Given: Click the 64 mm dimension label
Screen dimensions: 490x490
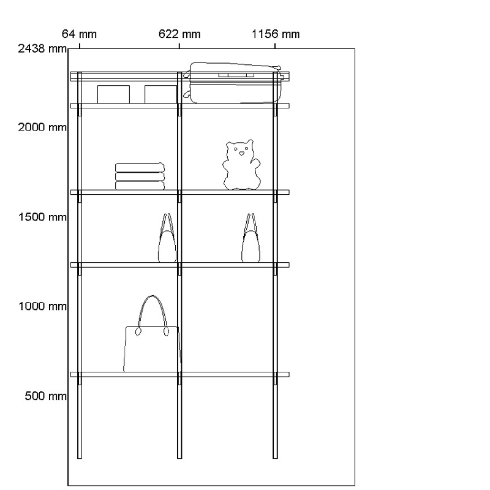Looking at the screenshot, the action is click(x=79, y=34).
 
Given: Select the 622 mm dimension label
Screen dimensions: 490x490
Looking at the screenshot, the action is click(x=179, y=34).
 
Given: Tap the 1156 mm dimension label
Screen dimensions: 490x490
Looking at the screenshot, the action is click(x=276, y=34).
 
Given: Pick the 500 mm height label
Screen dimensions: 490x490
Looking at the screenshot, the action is click(x=45, y=396).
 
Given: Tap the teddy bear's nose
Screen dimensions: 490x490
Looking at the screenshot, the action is click(x=241, y=153).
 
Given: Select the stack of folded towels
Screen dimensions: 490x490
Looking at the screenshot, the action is click(x=140, y=176).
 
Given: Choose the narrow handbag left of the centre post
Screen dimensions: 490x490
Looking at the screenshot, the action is click(x=167, y=242).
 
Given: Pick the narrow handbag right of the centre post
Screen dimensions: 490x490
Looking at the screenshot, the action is click(x=250, y=242).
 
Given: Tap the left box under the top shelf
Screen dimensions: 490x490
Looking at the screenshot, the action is click(x=113, y=94).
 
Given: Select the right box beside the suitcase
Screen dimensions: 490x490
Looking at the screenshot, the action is click(x=160, y=94).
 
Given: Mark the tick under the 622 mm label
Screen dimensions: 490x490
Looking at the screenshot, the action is click(x=179, y=45).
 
